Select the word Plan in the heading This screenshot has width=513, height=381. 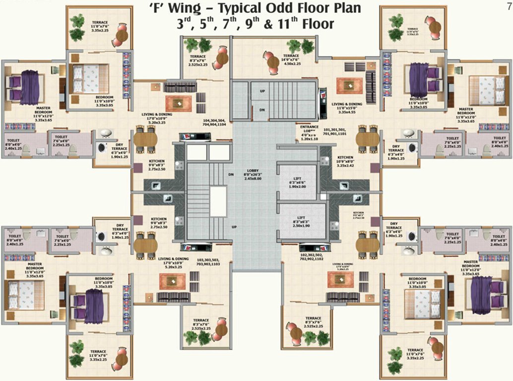pyautogui.click(x=345, y=8)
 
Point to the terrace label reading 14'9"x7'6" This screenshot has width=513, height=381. pyautogui.click(x=291, y=60)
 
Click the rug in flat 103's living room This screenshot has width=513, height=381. pyautogui.click(x=172, y=281)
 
